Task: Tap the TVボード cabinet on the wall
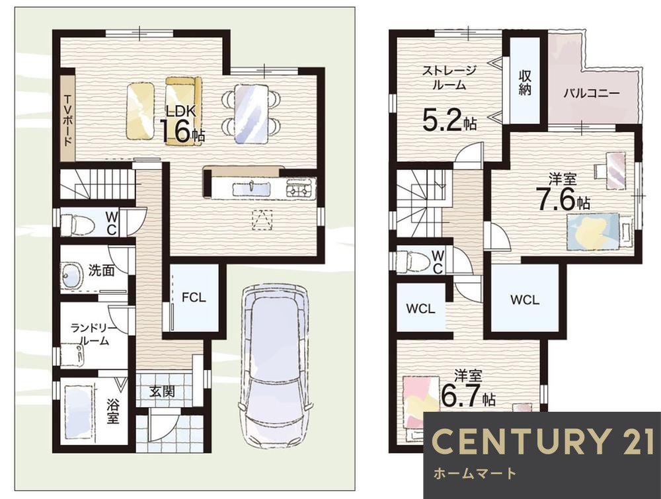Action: [x=67, y=118]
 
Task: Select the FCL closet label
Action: [x=194, y=297]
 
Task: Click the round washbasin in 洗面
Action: [x=72, y=276]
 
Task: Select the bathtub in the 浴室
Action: [x=79, y=411]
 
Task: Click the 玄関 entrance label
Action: [x=162, y=391]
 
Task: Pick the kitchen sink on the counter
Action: [x=251, y=188]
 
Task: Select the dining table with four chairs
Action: [x=251, y=114]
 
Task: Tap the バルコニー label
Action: [x=591, y=93]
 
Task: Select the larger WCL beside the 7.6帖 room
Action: [x=525, y=299]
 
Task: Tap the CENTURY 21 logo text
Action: [x=542, y=441]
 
